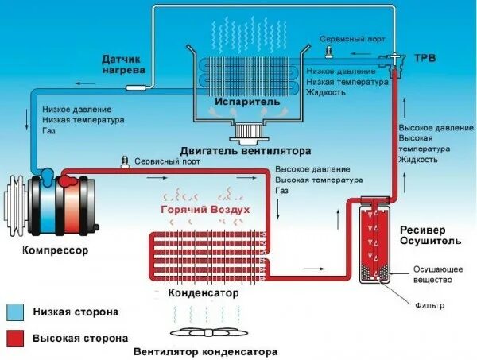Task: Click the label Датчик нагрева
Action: pyautogui.click(x=123, y=64)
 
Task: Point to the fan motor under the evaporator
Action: pyautogui.click(x=249, y=131)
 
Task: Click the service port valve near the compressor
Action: pyautogui.click(x=124, y=162)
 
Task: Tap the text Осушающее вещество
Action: pyautogui.click(x=433, y=275)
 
